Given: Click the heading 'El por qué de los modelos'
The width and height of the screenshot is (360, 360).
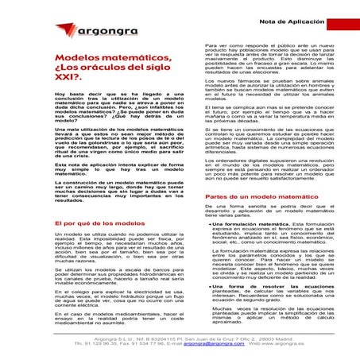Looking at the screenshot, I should pos(57,223).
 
